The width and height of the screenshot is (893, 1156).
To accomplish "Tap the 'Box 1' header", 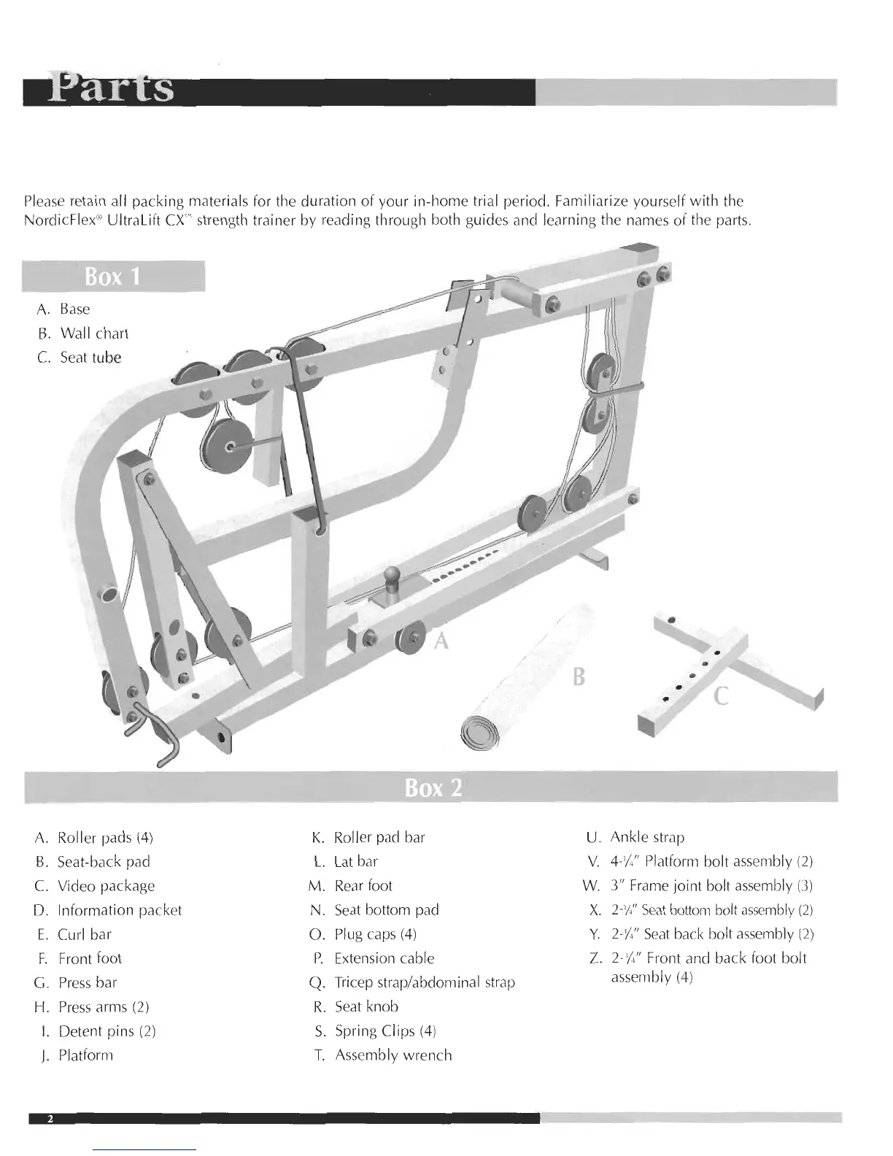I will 112,277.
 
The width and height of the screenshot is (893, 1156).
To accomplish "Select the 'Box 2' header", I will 433,788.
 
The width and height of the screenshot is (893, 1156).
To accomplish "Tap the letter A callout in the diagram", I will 441,641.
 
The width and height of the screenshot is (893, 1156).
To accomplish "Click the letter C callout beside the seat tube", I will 721,696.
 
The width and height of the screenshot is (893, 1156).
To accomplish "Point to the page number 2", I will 50,1119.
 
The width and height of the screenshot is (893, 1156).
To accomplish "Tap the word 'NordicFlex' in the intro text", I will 53,220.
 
